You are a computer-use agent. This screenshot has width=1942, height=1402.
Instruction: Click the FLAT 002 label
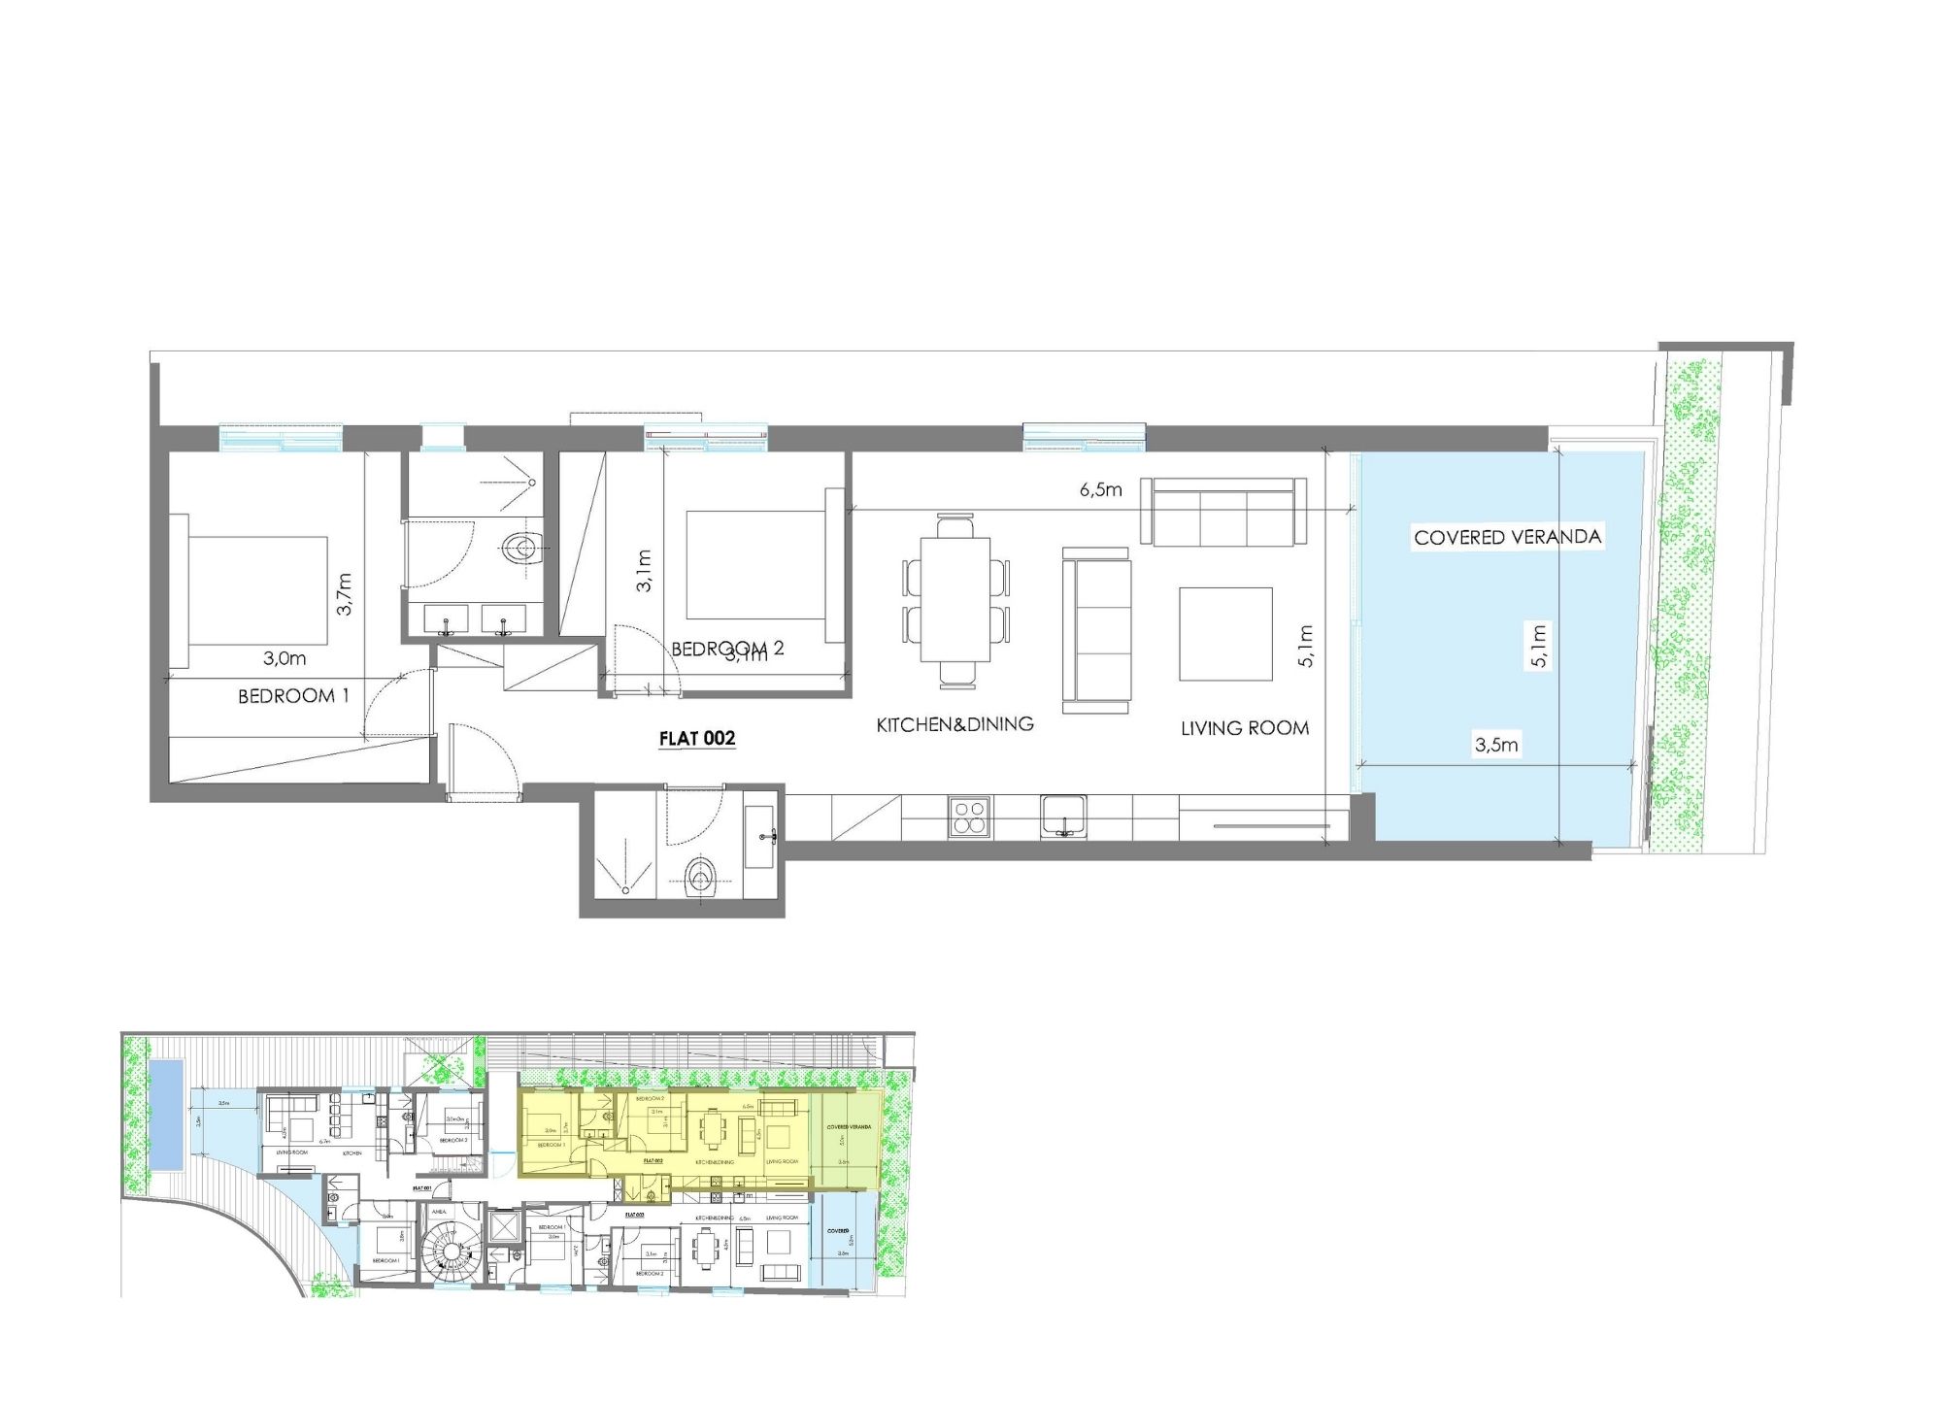pos(696,739)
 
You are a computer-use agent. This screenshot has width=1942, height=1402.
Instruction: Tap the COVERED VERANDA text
pos(1507,537)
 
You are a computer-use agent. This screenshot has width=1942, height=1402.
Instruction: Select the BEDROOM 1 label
pos(292,696)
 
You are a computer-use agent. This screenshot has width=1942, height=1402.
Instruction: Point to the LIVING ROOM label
pos(1244,728)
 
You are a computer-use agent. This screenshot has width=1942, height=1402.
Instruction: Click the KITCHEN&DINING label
pos(954,724)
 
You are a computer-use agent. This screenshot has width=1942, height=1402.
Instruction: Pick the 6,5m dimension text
pos(1100,490)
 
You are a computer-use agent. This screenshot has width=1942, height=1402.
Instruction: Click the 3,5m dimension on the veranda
pos(1495,745)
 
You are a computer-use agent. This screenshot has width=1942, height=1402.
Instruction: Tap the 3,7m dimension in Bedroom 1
pos(345,593)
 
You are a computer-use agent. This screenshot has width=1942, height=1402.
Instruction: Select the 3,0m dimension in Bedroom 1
pos(285,658)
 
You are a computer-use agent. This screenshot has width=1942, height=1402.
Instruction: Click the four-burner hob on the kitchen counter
pos(969,817)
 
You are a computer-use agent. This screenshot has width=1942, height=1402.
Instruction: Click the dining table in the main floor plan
pos(955,600)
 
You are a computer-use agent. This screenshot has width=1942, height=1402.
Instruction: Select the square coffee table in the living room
pos(1225,634)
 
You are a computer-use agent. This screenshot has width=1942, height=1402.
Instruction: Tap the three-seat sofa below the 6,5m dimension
pos(1222,512)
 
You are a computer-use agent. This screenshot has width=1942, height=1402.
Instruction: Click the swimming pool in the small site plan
pos(166,1115)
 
